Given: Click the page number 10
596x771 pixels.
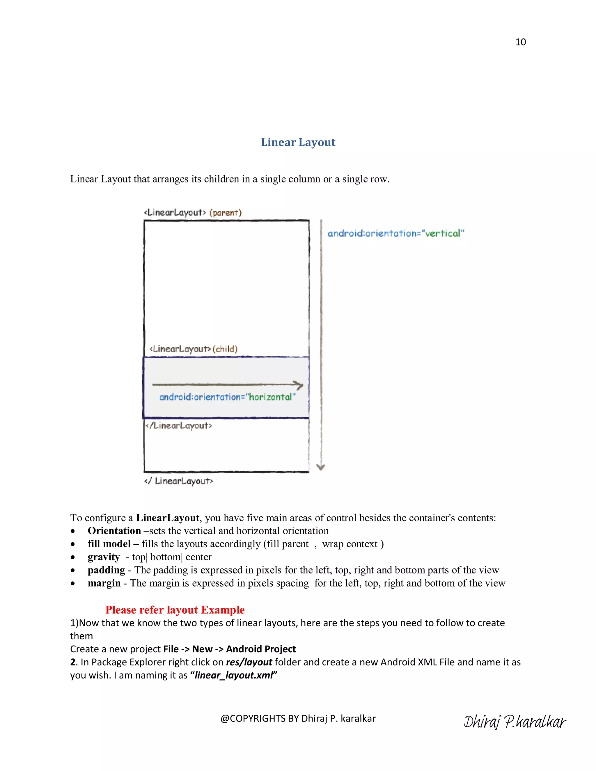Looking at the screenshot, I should pyautogui.click(x=520, y=42).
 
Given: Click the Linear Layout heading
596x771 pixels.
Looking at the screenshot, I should pyautogui.click(x=298, y=142).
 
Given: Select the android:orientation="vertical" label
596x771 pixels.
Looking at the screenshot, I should pyautogui.click(x=396, y=233).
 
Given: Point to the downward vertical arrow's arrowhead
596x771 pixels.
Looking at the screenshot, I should pyautogui.click(x=321, y=467).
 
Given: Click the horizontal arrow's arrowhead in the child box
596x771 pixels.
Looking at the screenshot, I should pyautogui.click(x=300, y=385).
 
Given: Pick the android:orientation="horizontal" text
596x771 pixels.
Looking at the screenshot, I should pyautogui.click(x=227, y=397).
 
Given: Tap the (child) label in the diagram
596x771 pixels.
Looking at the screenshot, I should pyautogui.click(x=225, y=349).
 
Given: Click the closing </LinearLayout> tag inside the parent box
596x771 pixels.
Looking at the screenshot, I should pyautogui.click(x=179, y=426).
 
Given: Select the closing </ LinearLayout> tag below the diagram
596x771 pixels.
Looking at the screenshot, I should pyautogui.click(x=179, y=481).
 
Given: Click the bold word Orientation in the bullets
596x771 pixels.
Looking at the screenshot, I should pyautogui.click(x=114, y=531).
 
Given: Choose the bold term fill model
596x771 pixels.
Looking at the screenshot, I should pyautogui.click(x=109, y=544).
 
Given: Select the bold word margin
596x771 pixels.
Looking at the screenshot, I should pyautogui.click(x=104, y=583).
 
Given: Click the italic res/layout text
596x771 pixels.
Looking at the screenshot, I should pyautogui.click(x=249, y=662).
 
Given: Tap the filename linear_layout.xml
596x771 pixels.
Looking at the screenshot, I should pyautogui.click(x=234, y=675).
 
